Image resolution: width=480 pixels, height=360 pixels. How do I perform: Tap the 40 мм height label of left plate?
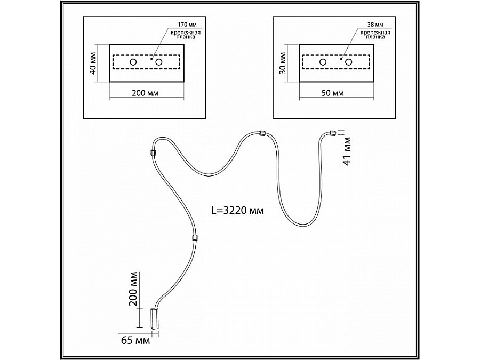coord(93,63)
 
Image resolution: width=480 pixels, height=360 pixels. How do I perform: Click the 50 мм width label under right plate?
coord(334,92)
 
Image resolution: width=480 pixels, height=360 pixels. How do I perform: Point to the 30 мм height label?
coord(283,63)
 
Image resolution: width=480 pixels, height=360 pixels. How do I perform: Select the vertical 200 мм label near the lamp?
coord(134,289)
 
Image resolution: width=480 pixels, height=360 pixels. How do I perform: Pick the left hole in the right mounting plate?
coord(323,63)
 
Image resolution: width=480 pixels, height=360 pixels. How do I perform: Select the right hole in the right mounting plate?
coord(349,63)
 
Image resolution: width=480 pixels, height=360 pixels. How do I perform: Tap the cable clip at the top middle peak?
coord(261,133)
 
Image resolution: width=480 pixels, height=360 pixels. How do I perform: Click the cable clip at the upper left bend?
coord(153,152)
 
